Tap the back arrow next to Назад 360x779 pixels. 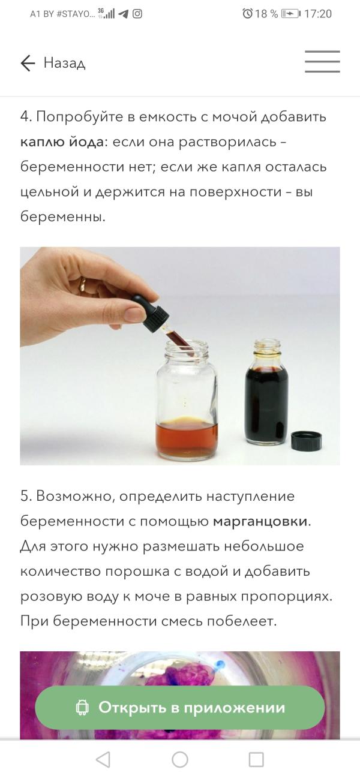(x=28, y=63)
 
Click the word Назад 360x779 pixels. (x=65, y=63)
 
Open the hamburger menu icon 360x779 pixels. (x=322, y=62)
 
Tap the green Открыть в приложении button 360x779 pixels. (x=180, y=708)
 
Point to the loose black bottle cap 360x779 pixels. (x=306, y=441)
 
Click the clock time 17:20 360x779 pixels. (x=318, y=14)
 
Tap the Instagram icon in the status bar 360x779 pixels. (x=137, y=14)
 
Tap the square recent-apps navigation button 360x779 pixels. (x=256, y=760)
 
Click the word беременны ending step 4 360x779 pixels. (x=62, y=216)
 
